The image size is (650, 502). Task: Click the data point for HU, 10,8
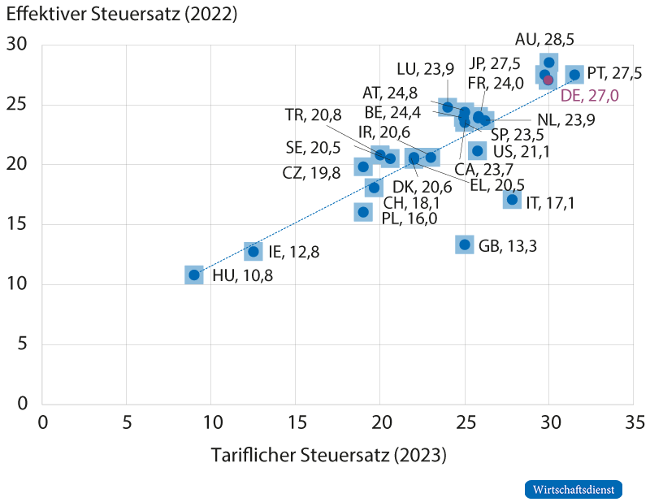click(x=194, y=275)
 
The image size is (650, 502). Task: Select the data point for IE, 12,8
click(x=253, y=251)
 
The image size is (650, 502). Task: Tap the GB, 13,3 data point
click(x=465, y=245)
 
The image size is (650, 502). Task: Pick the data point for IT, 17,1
click(x=513, y=199)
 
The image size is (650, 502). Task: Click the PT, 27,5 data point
click(x=574, y=75)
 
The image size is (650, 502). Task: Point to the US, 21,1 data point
click(x=478, y=151)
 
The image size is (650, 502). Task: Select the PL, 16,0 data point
click(x=363, y=212)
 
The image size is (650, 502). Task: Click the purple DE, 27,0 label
click(x=590, y=96)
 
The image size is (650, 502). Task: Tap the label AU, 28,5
click(x=544, y=39)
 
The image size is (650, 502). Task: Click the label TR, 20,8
click(x=313, y=115)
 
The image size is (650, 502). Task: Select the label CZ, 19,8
click(x=311, y=173)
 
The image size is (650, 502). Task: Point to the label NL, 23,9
click(x=565, y=119)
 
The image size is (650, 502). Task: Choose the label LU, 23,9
click(x=425, y=69)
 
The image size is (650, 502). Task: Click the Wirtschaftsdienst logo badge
click(x=574, y=490)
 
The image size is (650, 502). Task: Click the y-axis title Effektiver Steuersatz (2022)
click(x=122, y=14)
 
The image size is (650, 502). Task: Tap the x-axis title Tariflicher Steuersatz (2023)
click(x=329, y=455)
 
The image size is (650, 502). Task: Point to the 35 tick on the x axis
click(x=635, y=422)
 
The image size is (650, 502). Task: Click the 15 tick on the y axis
click(x=16, y=224)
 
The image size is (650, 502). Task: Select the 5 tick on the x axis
click(x=127, y=422)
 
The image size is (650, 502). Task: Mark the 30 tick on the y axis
click(x=16, y=44)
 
